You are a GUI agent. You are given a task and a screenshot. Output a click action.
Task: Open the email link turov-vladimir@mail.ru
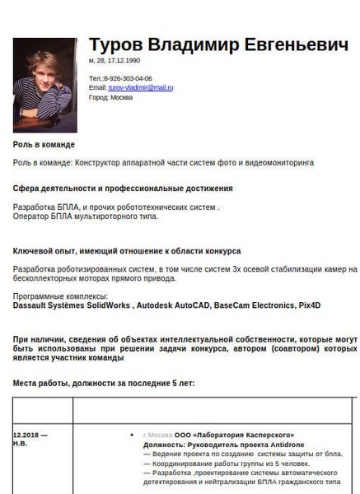tap(141, 87)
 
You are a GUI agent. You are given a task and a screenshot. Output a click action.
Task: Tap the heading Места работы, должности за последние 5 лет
tap(116, 384)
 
